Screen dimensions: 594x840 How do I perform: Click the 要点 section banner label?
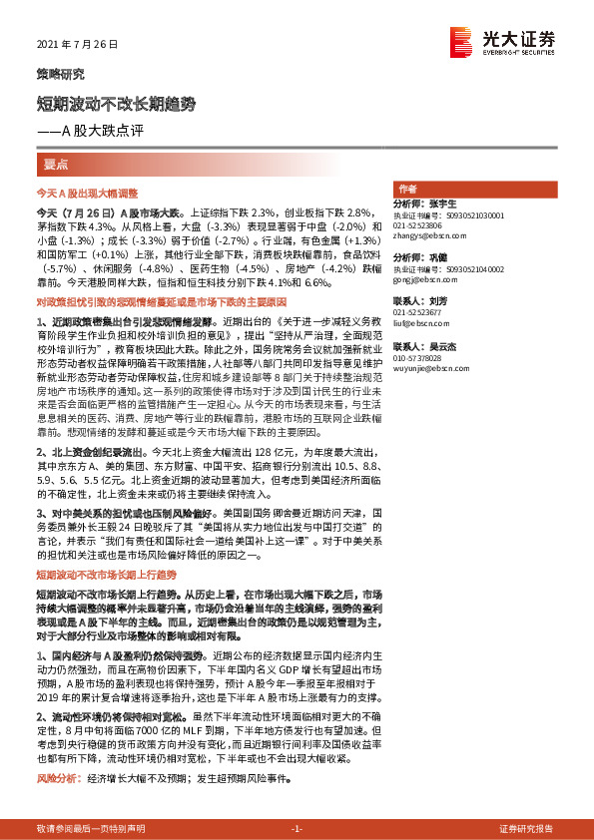click(x=56, y=164)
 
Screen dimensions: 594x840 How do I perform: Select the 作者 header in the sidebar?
click(x=406, y=189)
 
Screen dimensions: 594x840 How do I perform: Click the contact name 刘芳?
click(x=434, y=300)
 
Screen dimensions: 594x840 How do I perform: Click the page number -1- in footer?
click(x=297, y=829)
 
